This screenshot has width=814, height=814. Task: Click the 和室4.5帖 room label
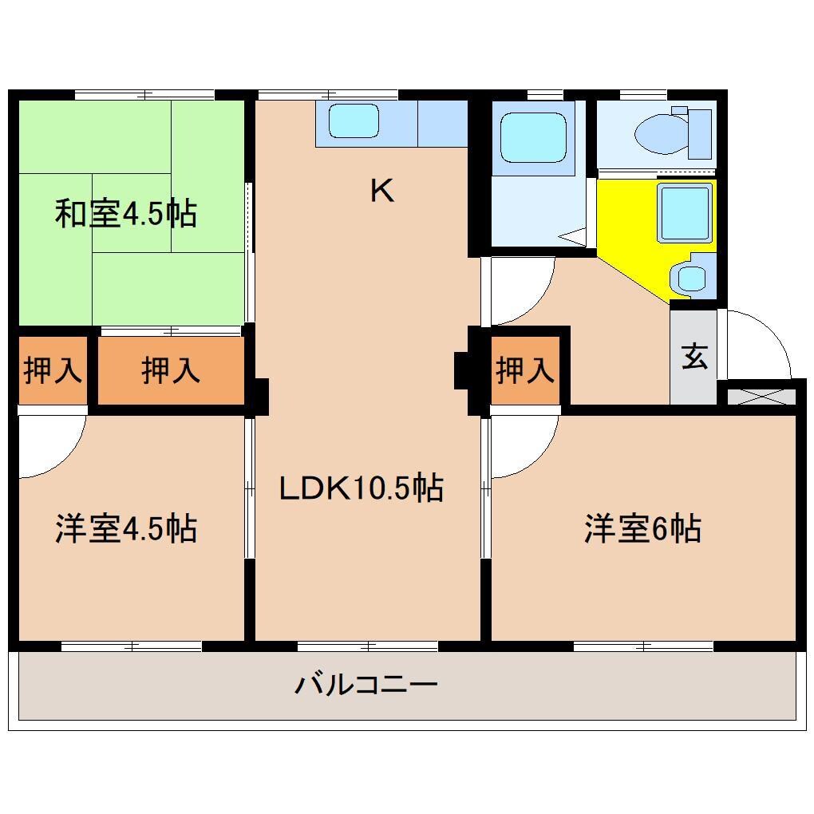coord(126,214)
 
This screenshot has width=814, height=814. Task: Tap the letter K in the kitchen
coord(382,191)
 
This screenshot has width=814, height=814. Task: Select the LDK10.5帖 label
coord(361,488)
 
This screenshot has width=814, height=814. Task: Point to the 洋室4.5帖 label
coord(126,528)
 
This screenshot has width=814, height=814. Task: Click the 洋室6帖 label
coord(642,528)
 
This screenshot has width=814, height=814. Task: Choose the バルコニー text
coord(366,685)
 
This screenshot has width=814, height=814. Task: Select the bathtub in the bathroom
coord(533,136)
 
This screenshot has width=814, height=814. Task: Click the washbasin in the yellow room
coord(690,277)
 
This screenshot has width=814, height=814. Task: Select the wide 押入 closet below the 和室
coord(170,371)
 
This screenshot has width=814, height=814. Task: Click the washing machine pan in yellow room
coord(684,211)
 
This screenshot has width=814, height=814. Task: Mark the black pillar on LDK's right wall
coord(463,371)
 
